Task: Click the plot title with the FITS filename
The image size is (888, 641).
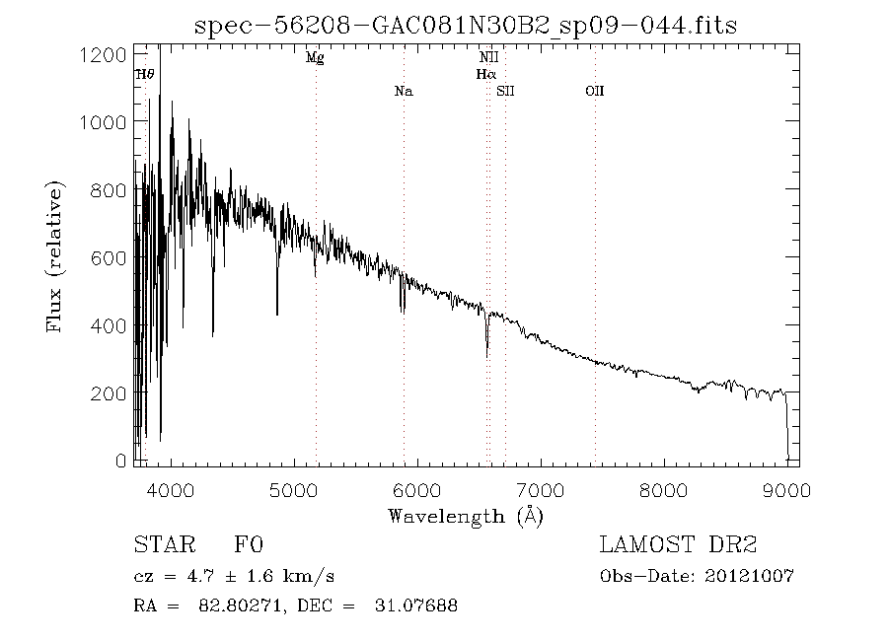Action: tap(466, 25)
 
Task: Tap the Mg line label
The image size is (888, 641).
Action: tap(315, 58)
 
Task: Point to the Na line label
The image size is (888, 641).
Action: tap(403, 92)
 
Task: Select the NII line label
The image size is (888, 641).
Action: tap(487, 58)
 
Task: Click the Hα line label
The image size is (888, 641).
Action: tap(484, 74)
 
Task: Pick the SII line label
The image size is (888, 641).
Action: tap(505, 92)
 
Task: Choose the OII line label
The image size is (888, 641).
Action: tap(594, 92)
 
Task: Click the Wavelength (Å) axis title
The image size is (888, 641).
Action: tap(466, 515)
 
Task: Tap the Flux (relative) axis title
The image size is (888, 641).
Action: tap(55, 256)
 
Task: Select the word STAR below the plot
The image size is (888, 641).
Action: tap(161, 545)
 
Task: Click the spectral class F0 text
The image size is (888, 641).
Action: tap(248, 545)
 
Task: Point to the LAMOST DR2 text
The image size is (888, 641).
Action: tap(680, 545)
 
